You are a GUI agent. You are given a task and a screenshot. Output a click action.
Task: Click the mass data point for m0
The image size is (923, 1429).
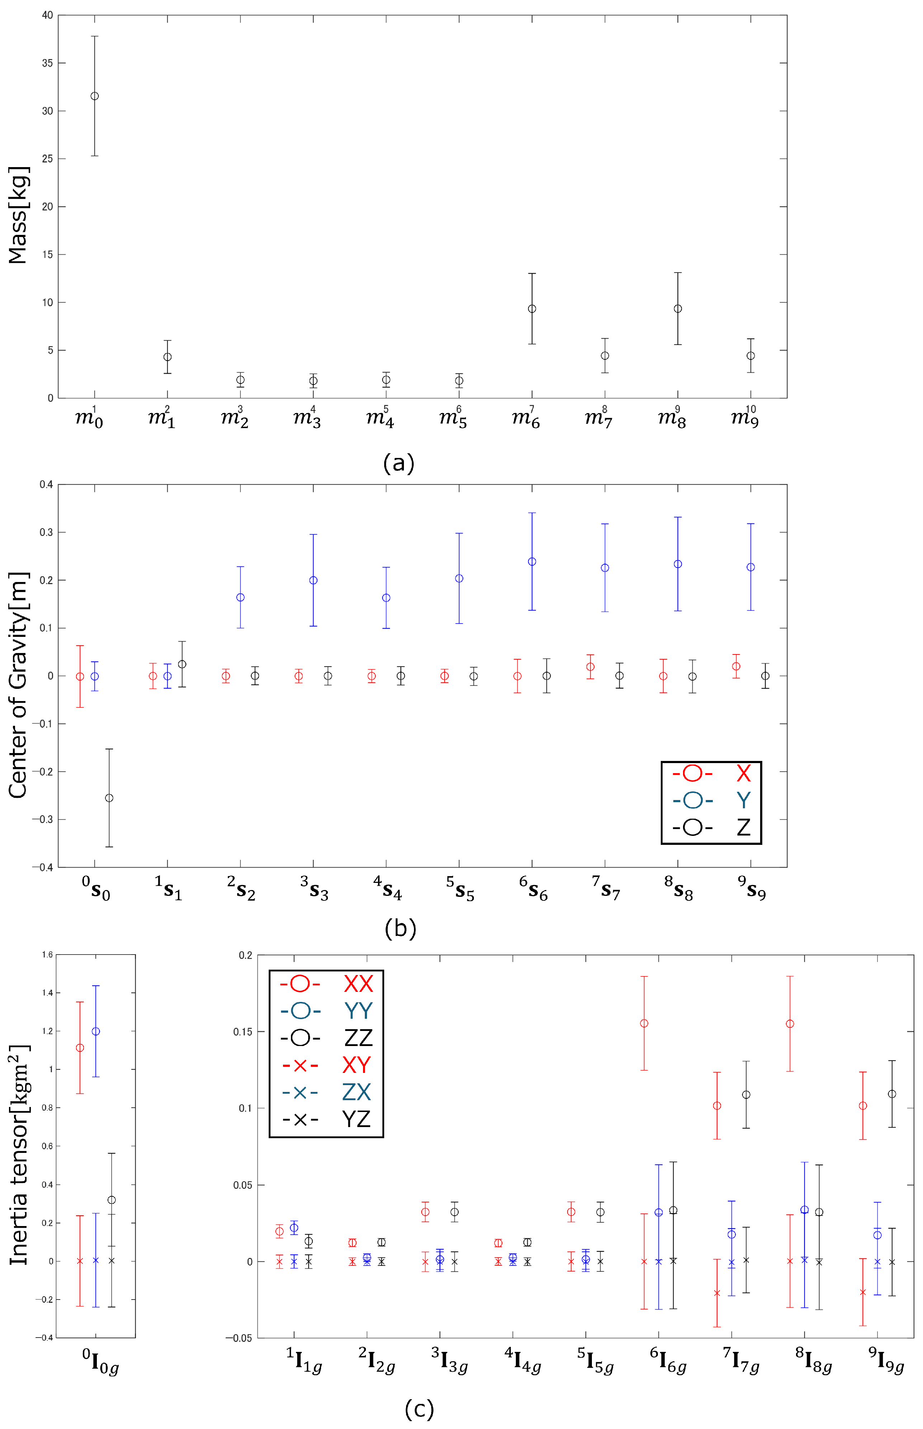coord(95,96)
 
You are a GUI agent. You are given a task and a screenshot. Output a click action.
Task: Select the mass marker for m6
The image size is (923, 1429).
coord(532,308)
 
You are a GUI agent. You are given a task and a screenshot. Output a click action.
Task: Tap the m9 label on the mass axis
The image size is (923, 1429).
coord(745,418)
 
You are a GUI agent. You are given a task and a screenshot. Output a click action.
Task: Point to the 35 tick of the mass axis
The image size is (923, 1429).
coord(47,63)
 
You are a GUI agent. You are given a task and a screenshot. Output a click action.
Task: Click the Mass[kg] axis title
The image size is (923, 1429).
coord(18,214)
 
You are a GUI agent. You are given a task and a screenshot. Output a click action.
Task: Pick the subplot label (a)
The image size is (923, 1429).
coord(399,463)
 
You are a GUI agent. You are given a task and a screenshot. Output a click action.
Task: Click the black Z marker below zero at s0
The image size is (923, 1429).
coord(109,798)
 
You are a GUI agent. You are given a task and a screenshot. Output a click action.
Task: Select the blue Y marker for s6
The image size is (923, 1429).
coord(532,562)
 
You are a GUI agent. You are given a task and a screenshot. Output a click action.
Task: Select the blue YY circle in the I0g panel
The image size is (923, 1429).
coord(96,1031)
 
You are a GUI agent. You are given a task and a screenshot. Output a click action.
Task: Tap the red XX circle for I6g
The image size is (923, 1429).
coord(644,1023)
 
